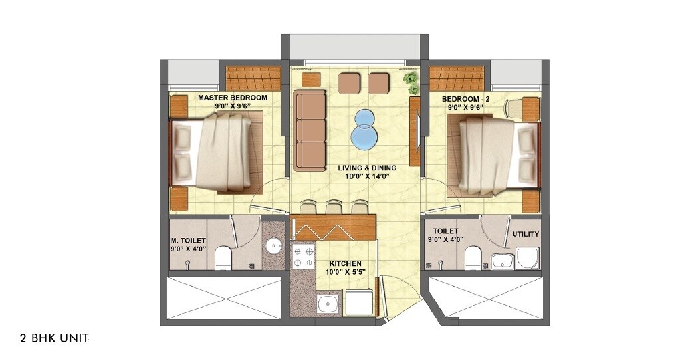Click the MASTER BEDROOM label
(233, 98)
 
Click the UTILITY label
(525, 235)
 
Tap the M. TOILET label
(188, 241)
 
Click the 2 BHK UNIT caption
(45, 338)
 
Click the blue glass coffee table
(364, 130)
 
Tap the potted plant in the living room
(411, 82)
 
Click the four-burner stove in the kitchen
(302, 258)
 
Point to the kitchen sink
(328, 305)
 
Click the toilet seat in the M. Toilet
(224, 257)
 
